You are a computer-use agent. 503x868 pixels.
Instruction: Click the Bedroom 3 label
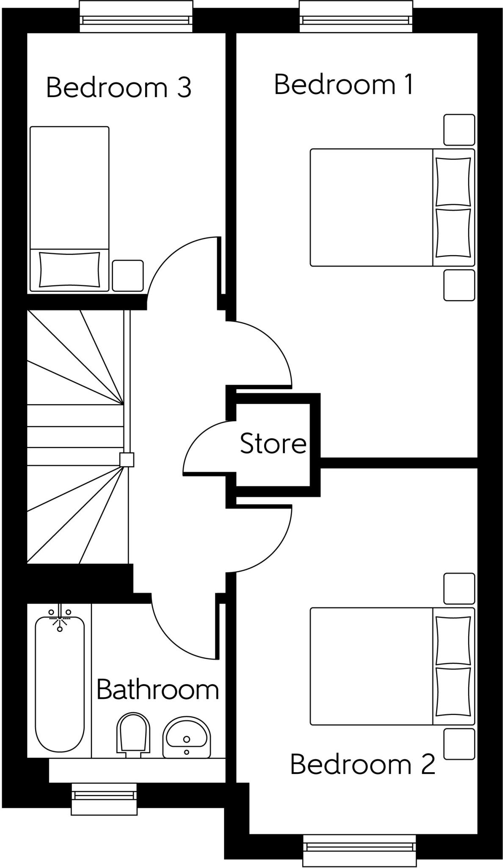pos(119,88)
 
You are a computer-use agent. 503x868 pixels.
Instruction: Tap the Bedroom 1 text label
pos(343,84)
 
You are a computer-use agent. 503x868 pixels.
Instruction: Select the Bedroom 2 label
pos(362,764)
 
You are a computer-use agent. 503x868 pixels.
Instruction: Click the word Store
pos(273,444)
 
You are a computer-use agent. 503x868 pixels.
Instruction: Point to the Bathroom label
pos(158,690)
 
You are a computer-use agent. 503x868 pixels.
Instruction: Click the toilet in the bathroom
pos(133,734)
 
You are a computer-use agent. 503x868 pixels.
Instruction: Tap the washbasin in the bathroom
pos(186,737)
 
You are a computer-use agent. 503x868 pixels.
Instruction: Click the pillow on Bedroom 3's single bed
pos(69,270)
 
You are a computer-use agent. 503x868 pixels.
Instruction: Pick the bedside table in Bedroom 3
pos(127,275)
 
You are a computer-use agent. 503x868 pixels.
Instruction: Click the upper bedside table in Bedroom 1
pos(459,130)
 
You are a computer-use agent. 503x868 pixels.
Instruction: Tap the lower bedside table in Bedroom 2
pos(459,744)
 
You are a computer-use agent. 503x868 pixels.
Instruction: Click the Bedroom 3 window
pos(135,17)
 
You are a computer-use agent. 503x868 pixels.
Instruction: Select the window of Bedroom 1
pos(355,17)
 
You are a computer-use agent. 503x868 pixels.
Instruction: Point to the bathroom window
pos(104,798)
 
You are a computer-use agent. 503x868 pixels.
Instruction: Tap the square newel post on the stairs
pos(127,459)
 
